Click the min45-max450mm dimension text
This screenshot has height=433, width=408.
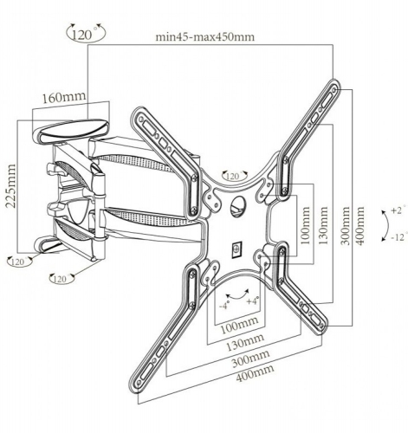click(205, 37)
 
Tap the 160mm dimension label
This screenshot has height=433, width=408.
click(64, 97)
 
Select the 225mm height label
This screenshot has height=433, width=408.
click(11, 186)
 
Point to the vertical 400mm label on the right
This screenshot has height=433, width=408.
click(360, 226)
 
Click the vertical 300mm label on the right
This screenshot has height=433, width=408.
click(346, 226)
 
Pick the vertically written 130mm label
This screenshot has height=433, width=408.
click(323, 225)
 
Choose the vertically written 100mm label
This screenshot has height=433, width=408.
click(305, 225)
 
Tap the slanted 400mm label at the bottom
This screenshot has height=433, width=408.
click(255, 372)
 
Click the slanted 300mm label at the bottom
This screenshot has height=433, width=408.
click(250, 358)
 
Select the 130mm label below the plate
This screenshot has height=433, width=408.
click(244, 342)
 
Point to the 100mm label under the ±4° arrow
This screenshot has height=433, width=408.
click(239, 326)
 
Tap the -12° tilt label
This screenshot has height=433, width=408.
click(399, 237)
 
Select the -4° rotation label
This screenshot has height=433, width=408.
click(224, 305)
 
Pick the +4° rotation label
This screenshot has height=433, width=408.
click(253, 301)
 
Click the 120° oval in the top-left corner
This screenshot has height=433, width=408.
click(86, 32)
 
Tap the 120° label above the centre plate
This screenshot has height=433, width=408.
click(235, 175)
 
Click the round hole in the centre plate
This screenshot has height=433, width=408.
click(239, 207)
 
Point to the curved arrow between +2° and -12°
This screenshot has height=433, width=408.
click(386, 226)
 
